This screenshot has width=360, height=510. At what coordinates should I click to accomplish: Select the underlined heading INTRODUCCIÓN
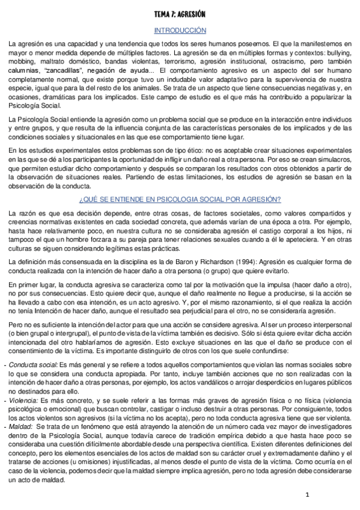tap(180, 30)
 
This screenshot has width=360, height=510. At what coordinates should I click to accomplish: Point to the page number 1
tap(307, 495)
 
